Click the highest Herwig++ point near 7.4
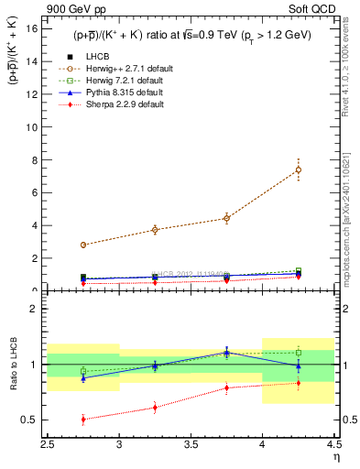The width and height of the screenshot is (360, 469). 298,169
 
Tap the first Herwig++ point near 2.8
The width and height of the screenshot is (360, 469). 83,245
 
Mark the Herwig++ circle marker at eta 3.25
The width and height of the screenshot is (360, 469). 155,229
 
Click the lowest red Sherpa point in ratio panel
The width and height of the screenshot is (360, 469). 83,420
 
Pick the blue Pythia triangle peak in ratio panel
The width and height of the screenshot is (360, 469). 226,352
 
